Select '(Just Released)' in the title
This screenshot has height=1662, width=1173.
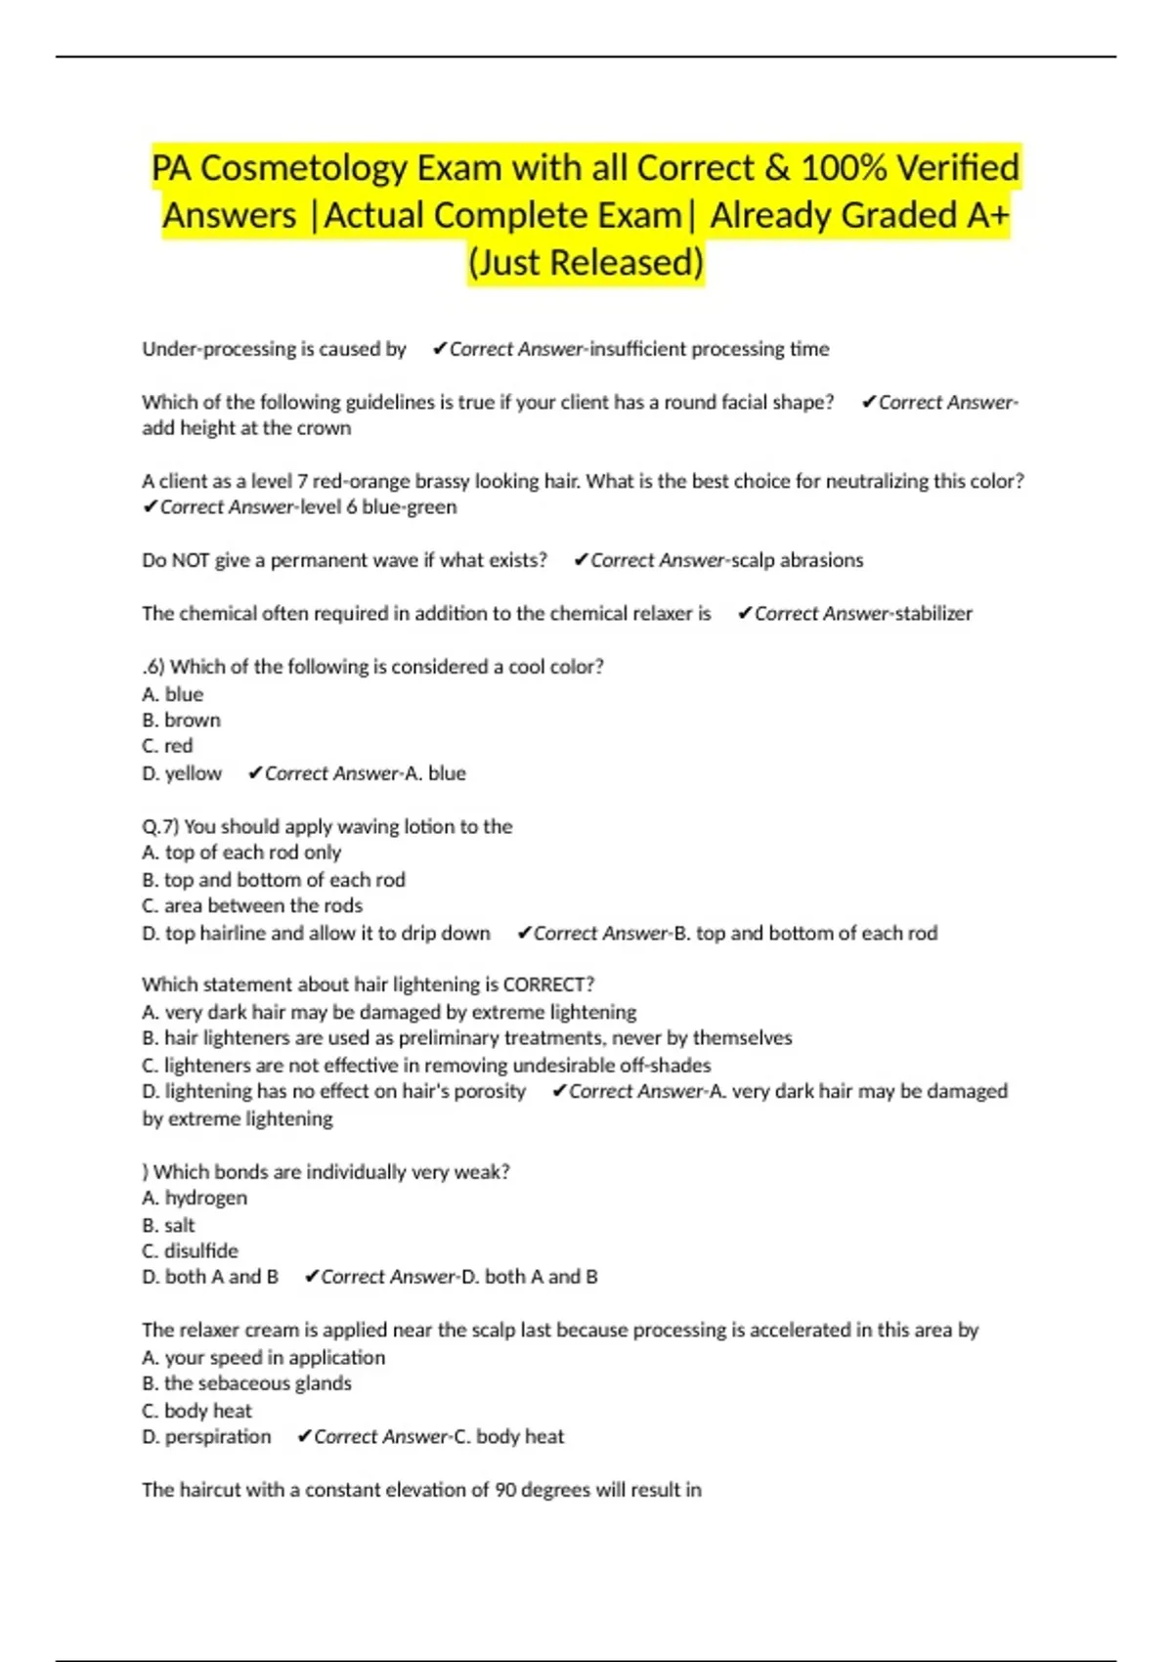click(586, 262)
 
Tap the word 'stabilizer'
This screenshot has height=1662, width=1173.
click(934, 613)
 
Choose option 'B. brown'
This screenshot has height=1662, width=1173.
click(182, 720)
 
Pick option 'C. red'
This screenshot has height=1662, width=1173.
click(167, 746)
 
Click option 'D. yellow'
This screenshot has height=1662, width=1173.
click(182, 773)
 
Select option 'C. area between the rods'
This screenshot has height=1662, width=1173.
click(252, 905)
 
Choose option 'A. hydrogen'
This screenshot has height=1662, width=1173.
click(195, 1198)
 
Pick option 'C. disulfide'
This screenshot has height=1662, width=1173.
click(190, 1250)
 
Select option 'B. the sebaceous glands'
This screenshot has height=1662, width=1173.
click(246, 1383)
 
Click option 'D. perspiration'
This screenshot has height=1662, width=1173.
click(206, 1436)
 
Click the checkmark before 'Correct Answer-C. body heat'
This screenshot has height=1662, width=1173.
click(304, 1436)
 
